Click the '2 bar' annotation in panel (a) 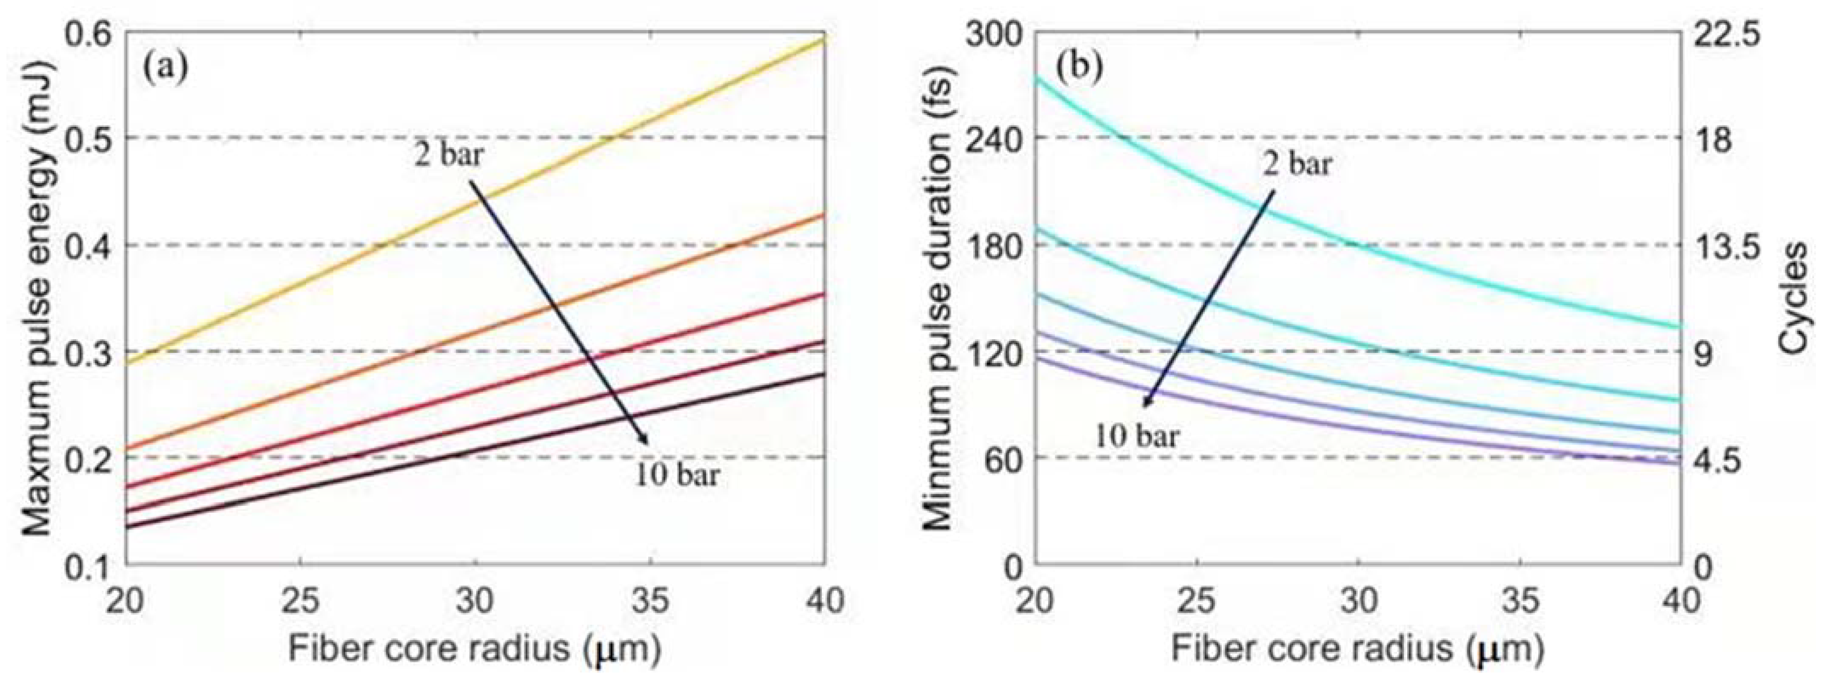coord(449,155)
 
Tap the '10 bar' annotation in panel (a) coord(677,475)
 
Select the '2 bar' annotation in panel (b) coord(1297,164)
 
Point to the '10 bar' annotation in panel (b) coord(1136,435)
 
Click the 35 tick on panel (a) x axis coord(650,601)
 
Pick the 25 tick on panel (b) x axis coord(1197,601)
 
